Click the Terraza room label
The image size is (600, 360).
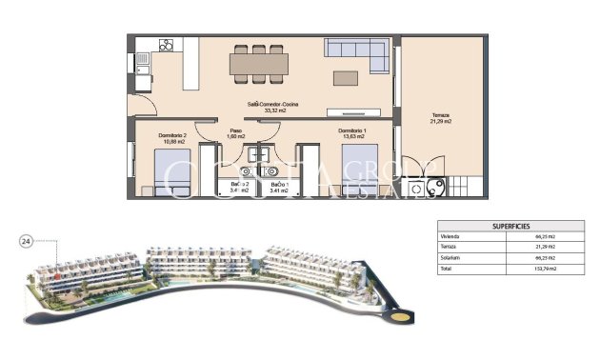440,117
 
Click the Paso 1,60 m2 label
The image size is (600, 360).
235,134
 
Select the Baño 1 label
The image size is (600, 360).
279,187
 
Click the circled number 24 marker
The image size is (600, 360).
26,242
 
